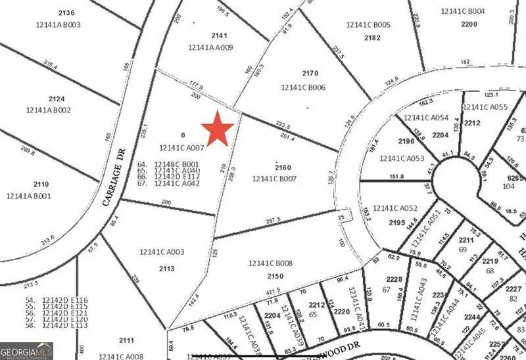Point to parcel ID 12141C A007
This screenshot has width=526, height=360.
click(182, 148)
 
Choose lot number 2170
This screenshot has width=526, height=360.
click(309, 74)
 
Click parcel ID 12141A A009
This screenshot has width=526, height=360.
click(210, 47)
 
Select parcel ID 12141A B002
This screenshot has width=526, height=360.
click(48, 110)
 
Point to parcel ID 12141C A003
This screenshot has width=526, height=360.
click(162, 252)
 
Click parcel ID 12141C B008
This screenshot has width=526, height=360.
click(270, 263)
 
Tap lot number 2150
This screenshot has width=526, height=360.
click(275, 277)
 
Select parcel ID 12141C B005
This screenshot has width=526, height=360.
click(368, 25)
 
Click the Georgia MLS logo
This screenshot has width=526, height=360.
click(26, 351)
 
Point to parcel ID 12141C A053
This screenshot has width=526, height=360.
click(402, 158)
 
